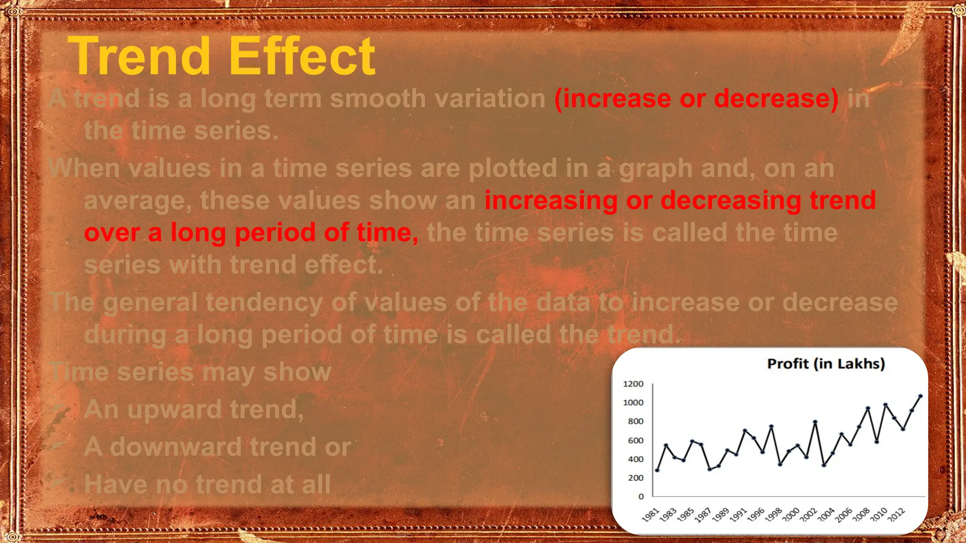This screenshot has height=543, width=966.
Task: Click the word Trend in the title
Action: [x=139, y=57]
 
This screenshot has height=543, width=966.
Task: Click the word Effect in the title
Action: [x=302, y=57]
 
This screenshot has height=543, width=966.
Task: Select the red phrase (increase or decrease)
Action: [x=696, y=99]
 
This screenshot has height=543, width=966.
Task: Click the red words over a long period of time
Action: [x=251, y=232]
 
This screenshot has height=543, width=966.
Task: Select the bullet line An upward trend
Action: [x=193, y=409]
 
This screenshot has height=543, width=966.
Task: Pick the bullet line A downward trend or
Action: [x=217, y=447]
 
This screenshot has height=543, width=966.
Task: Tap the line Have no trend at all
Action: [x=208, y=485]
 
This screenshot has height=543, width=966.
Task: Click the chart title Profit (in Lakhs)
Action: [x=826, y=364]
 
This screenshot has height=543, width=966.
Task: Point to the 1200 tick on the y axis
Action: [x=633, y=384]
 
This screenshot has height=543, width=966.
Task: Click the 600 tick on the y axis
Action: [x=635, y=440]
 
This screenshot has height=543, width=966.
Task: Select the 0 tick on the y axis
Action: [x=641, y=496]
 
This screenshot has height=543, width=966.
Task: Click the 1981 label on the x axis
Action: [x=650, y=515]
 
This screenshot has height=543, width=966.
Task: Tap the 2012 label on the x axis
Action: [x=896, y=514]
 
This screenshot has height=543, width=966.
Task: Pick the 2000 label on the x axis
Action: [x=791, y=515]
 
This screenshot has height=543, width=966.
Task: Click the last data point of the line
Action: [x=920, y=396]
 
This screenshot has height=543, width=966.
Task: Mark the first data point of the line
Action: [x=657, y=470]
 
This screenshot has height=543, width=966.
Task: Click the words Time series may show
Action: [x=191, y=372]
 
